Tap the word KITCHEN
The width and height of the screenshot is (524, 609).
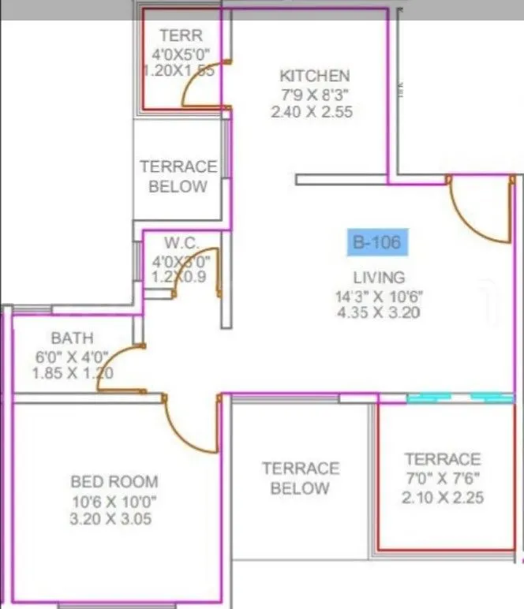[x=314, y=76]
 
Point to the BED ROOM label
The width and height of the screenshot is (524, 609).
[x=114, y=481]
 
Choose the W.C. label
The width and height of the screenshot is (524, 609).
[x=182, y=242]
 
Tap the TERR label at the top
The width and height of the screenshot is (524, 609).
[x=181, y=35]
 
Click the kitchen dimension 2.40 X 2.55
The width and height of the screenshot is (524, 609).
[x=311, y=112]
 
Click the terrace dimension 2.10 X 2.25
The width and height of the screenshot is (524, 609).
[x=443, y=498]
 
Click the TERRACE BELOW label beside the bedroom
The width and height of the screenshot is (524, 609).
[x=300, y=478]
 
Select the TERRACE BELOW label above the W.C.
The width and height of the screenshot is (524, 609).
[x=178, y=177]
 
